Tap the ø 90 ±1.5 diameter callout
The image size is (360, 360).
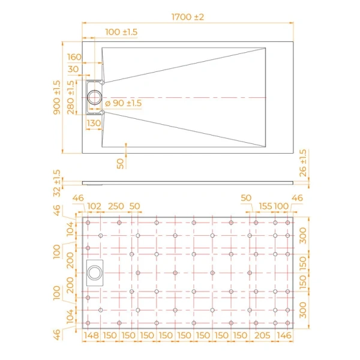click(123, 103)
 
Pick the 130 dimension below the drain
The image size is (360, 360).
click(94, 123)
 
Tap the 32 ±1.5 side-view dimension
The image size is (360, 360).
click(57, 182)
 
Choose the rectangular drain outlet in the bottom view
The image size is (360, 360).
click(95, 274)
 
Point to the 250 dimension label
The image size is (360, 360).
click(116, 206)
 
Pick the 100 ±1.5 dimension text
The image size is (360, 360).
click(122, 31)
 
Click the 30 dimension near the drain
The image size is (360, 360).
click(74, 69)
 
